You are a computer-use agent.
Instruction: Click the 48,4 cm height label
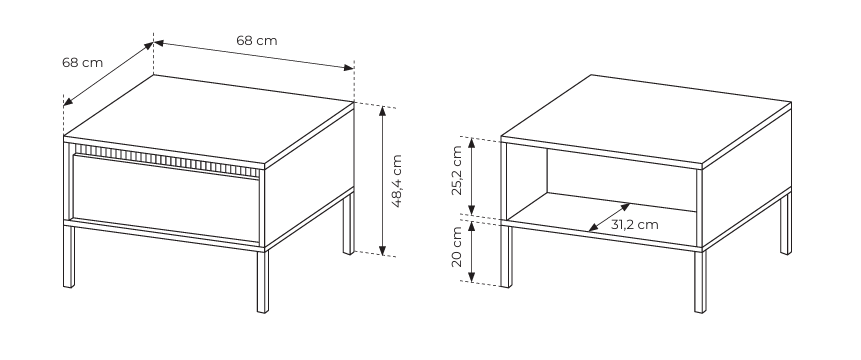click(x=397, y=181)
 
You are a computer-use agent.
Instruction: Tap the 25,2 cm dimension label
click(x=457, y=171)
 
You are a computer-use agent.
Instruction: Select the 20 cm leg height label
click(x=457, y=247)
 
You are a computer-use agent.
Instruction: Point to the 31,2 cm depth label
click(x=634, y=224)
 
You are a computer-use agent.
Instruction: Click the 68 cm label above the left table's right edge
click(x=257, y=40)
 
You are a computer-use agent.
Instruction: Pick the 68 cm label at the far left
click(x=82, y=63)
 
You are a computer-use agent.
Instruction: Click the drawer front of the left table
click(x=165, y=199)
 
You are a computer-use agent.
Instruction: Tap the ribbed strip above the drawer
click(x=166, y=160)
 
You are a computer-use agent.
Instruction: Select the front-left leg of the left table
click(x=69, y=256)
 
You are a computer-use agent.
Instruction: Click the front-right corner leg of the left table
click(x=263, y=282)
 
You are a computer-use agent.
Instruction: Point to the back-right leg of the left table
click(x=349, y=224)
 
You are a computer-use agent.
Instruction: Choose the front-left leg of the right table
click(x=506, y=256)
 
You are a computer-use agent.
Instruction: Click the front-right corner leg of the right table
click(x=700, y=282)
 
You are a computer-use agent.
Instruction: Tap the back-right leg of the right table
click(x=786, y=224)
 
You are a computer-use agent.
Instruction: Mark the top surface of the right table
click(x=646, y=119)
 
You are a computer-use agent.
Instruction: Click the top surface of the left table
click(x=209, y=119)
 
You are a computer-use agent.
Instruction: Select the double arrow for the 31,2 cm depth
click(x=609, y=217)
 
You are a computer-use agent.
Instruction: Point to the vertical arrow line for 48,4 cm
click(x=383, y=181)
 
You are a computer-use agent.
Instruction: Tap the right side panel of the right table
click(x=747, y=178)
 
